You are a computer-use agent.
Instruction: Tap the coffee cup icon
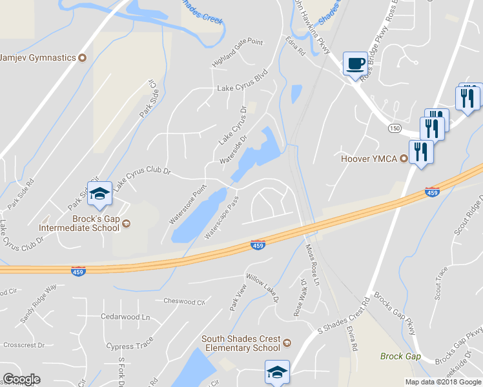click(x=355, y=64)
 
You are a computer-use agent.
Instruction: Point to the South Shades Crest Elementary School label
click(x=241, y=343)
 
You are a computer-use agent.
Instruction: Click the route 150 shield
click(x=395, y=128)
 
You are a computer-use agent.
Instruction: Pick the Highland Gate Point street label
click(x=238, y=52)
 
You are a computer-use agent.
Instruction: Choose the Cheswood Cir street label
click(x=184, y=301)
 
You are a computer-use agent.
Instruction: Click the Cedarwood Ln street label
click(x=125, y=317)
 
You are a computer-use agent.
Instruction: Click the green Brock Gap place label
click(x=400, y=356)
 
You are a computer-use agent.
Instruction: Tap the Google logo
click(x=21, y=379)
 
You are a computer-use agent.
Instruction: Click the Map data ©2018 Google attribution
click(x=442, y=382)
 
